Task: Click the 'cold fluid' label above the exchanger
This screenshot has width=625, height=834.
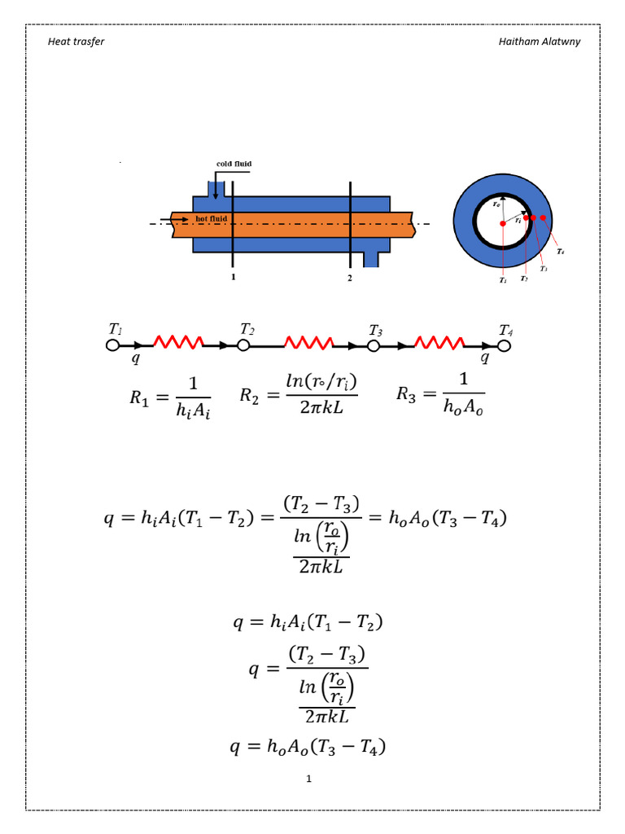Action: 234,164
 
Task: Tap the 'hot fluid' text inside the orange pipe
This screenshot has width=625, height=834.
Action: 211,219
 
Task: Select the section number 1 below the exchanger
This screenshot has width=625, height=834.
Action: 233,278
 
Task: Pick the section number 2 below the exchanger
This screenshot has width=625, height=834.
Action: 350,278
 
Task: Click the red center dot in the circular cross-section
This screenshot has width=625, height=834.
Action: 504,222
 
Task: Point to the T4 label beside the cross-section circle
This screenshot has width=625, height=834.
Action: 561,252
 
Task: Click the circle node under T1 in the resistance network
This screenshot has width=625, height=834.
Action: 113,345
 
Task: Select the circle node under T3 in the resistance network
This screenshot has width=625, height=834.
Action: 374,345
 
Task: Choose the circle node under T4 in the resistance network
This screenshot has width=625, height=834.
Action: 505,345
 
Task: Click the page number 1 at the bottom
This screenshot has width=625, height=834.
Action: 309,779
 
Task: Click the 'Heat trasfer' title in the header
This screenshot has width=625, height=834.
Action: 76,41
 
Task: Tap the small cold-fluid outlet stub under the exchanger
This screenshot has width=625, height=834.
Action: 371,258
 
